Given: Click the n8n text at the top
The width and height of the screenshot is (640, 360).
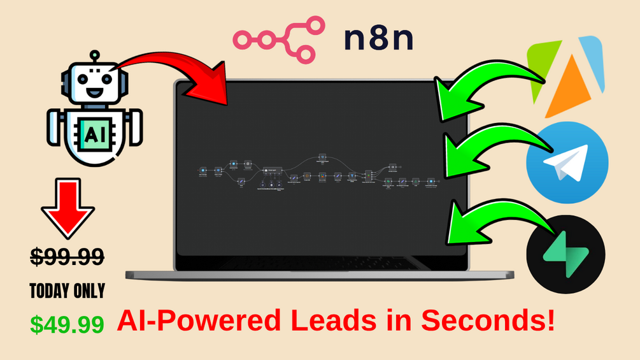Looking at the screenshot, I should pyautogui.click(x=378, y=40).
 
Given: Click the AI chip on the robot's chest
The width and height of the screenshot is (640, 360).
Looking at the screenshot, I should pyautogui.click(x=94, y=133).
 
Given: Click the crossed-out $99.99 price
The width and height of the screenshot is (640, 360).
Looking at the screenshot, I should pyautogui.click(x=67, y=257).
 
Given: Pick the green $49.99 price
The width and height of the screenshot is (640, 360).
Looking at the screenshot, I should pyautogui.click(x=67, y=324).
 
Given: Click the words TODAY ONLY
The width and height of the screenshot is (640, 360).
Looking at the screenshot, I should pyautogui.click(x=67, y=291).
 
